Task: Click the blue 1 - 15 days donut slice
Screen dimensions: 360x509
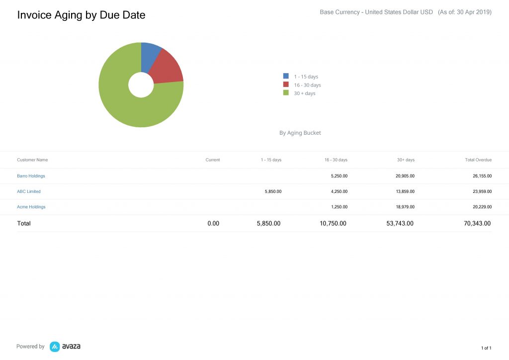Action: coord(150,56)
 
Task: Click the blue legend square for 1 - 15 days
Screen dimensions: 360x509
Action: coord(286,76)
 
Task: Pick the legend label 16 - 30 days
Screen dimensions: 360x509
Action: coord(307,85)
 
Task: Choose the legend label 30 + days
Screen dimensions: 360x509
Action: coord(304,93)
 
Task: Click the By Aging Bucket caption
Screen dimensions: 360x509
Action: coord(300,133)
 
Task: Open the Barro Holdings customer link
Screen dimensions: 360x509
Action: coord(31,176)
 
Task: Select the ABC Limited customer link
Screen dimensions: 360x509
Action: coord(29,191)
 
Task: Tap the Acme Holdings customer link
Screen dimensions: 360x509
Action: coord(31,207)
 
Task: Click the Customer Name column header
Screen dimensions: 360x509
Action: coord(32,160)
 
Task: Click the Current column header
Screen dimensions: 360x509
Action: coord(212,160)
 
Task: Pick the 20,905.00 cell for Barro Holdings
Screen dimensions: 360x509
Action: coord(405,176)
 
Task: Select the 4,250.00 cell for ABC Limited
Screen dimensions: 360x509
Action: coord(339,191)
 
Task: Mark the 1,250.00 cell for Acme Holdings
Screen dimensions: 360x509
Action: coord(339,207)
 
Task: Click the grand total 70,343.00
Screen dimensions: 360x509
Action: coord(477,224)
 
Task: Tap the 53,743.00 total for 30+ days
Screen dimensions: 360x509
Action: coord(400,224)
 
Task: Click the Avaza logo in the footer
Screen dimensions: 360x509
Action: coord(65,347)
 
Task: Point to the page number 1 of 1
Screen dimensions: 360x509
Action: coord(486,348)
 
